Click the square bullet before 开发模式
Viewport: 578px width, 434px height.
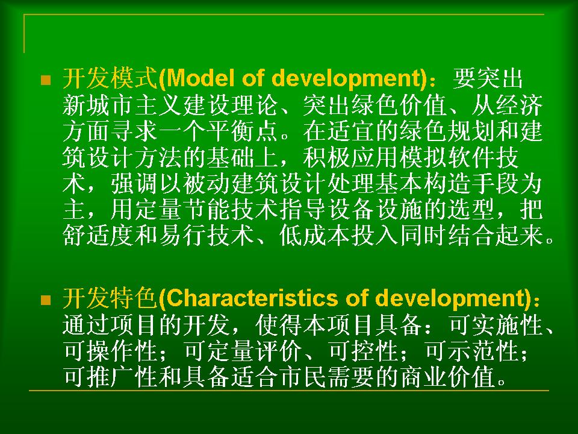click(x=46, y=80)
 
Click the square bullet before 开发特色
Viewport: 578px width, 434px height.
click(x=46, y=300)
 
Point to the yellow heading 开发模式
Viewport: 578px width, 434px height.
click(x=110, y=78)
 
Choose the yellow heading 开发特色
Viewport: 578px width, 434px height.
click(x=110, y=298)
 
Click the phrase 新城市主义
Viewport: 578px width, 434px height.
click(x=122, y=105)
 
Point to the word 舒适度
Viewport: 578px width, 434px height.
click(x=98, y=236)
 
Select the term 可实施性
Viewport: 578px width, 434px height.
click(x=495, y=325)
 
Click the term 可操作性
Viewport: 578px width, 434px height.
click(x=110, y=351)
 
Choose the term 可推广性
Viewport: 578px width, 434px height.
click(x=110, y=376)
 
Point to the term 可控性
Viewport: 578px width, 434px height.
click(x=363, y=351)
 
